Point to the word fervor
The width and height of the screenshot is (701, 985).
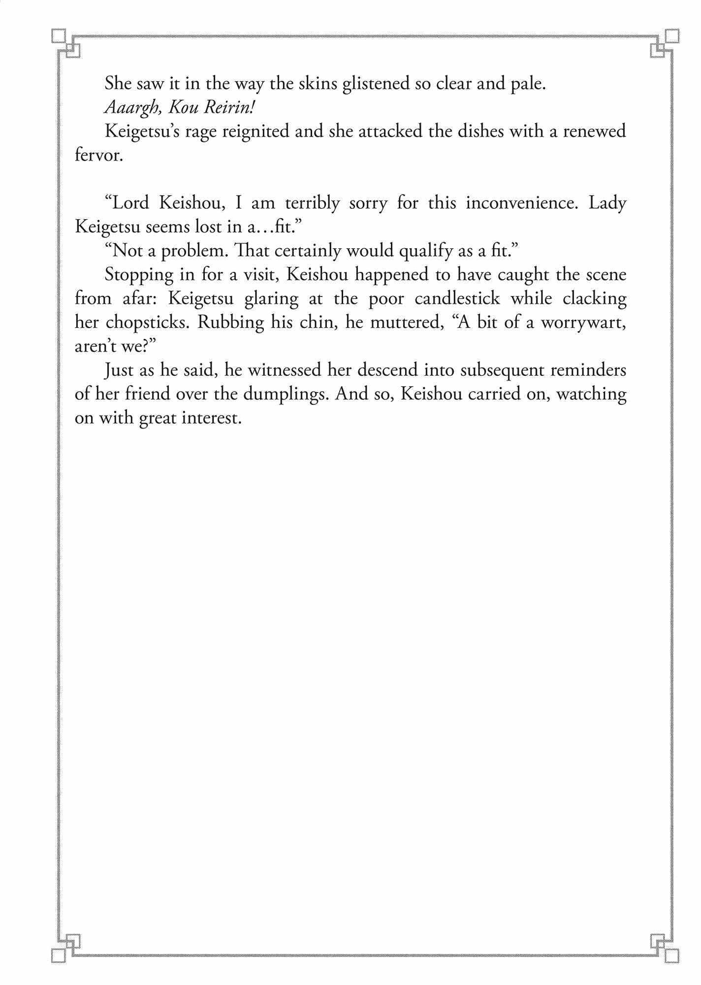point(98,155)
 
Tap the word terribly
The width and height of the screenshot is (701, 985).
point(312,203)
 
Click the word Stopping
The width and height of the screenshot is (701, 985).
point(139,275)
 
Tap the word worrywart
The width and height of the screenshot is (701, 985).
point(583,323)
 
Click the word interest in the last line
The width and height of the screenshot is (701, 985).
point(211,418)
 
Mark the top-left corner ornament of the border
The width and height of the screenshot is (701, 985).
point(66,43)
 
